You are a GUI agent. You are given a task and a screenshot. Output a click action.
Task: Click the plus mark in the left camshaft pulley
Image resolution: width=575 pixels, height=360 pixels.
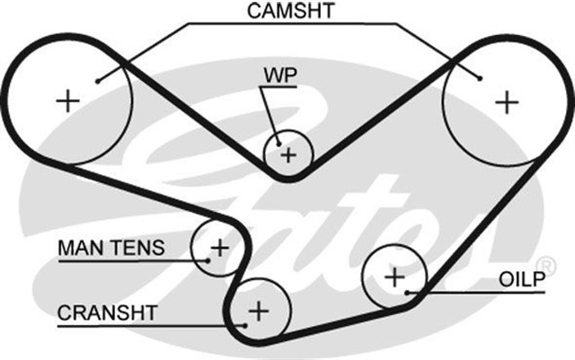point(68,100)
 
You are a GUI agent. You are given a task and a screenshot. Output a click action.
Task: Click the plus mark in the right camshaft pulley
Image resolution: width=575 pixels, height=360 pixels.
point(507,101)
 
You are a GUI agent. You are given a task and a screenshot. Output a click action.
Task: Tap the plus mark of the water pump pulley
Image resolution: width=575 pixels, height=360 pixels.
point(287,154)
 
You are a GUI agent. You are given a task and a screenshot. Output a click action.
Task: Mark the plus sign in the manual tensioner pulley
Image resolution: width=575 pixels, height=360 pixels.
point(219,246)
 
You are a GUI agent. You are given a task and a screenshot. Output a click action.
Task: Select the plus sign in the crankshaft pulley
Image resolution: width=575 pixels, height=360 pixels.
point(259,312)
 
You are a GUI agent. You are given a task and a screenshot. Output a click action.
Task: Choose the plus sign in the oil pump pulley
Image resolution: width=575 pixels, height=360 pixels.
point(394,276)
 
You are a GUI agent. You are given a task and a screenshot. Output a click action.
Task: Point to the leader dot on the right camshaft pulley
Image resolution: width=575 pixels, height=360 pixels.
point(482,78)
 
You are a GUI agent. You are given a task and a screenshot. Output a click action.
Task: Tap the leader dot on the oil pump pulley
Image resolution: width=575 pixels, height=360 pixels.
point(409,293)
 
